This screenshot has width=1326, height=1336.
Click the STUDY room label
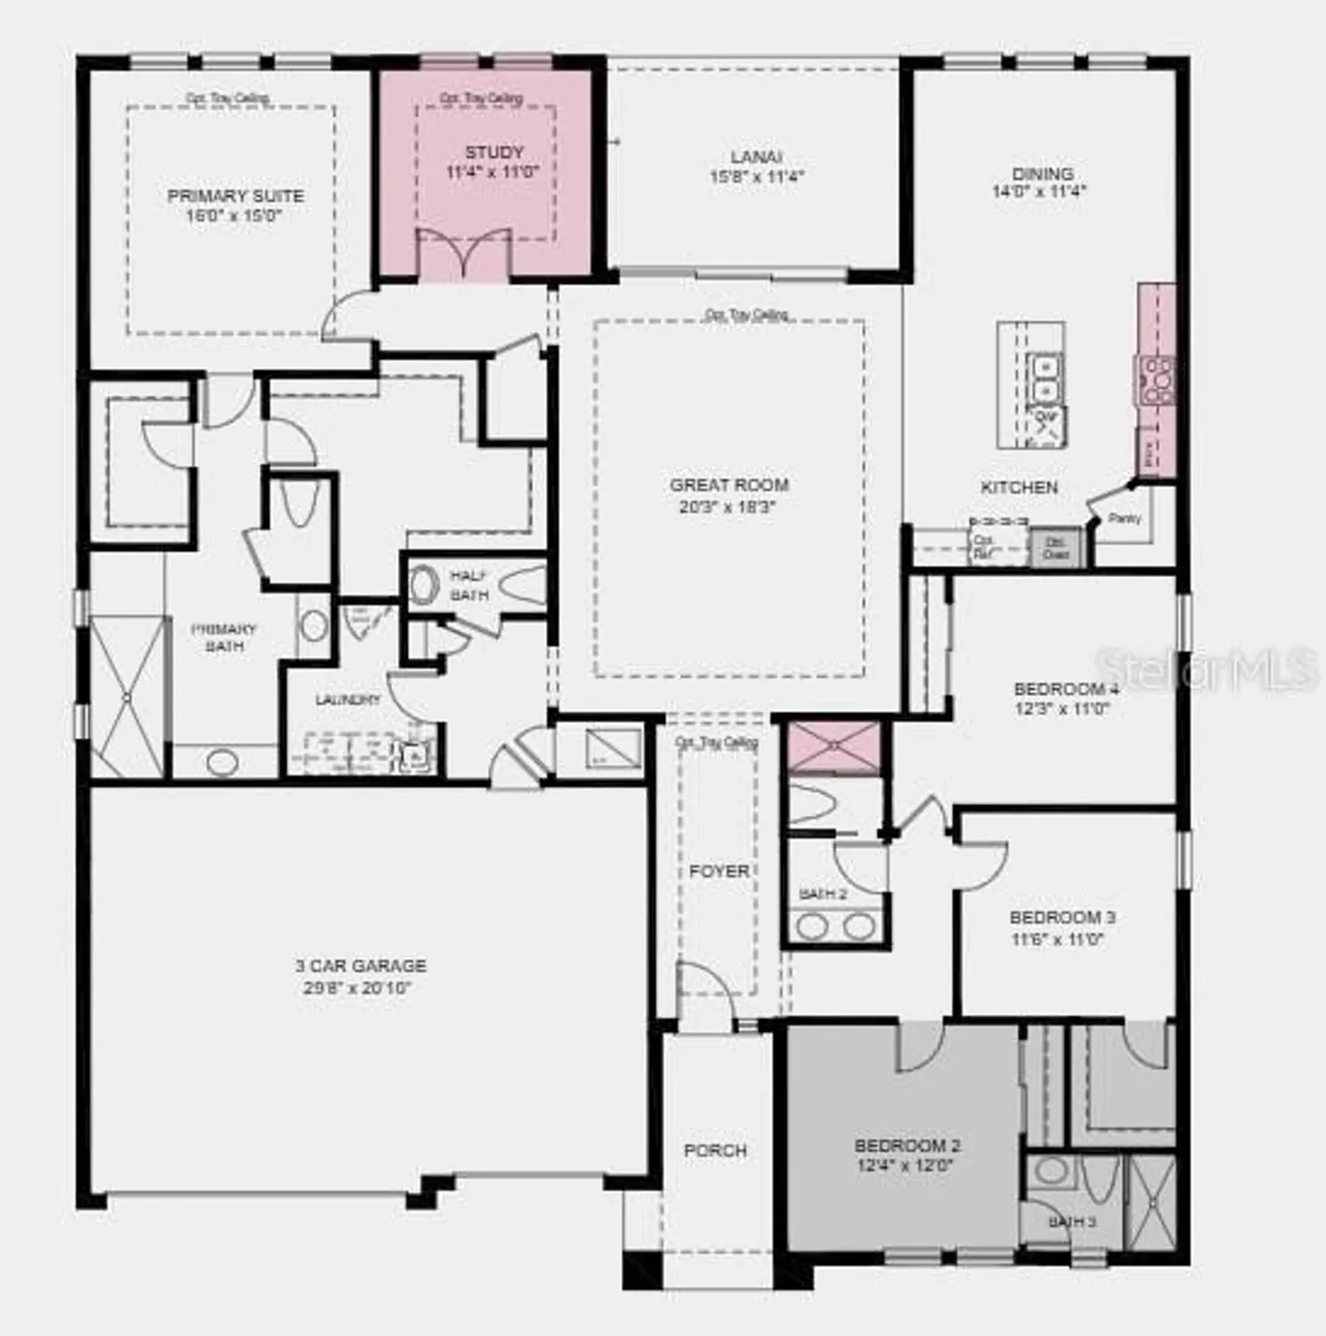click(493, 152)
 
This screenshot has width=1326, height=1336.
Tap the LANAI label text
click(756, 157)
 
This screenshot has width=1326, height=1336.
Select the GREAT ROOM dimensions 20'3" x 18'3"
click(728, 508)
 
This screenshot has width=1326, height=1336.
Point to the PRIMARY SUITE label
click(235, 196)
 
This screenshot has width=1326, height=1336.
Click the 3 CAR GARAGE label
click(361, 965)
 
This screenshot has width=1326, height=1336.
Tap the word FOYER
click(719, 871)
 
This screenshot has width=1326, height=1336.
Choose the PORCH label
click(715, 1151)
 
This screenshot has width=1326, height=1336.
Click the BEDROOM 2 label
click(907, 1145)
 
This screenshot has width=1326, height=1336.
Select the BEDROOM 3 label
click(1062, 917)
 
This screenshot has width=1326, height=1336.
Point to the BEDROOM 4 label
click(1066, 689)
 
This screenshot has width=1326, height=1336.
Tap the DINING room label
click(1042, 174)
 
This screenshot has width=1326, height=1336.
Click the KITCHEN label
click(1019, 487)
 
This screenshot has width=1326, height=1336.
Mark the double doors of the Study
click(464, 254)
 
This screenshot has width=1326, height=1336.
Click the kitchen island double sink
click(1042, 379)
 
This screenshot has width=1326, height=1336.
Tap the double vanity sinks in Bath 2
click(835, 926)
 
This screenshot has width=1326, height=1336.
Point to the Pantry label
click(1125, 517)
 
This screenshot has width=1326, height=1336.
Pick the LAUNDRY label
click(347, 700)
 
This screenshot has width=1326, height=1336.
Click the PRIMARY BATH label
click(224, 637)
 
